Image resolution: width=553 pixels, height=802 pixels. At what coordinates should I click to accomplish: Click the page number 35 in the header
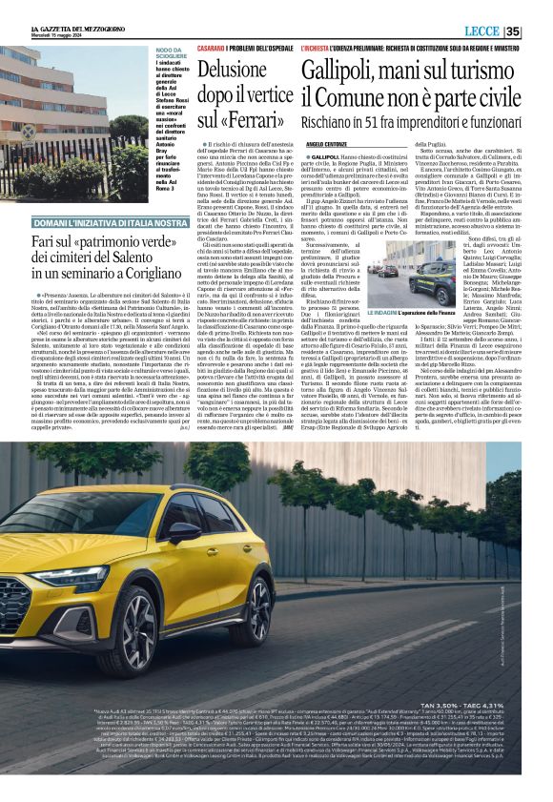pos(538,31)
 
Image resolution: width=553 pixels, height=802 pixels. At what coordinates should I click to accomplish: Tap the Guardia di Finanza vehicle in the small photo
pos(433,284)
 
